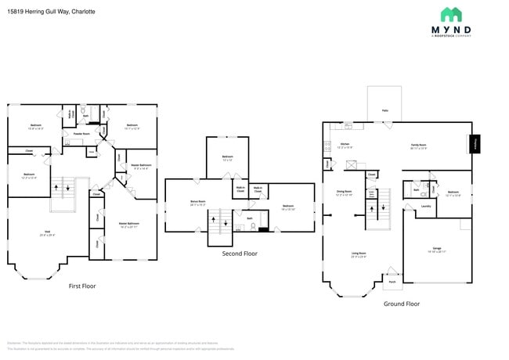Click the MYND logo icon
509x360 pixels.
tap(451, 14)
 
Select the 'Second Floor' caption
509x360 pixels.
tap(240, 254)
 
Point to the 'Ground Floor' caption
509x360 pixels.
tap(401, 304)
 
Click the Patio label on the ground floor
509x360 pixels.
tap(384, 111)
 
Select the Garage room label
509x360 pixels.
tap(437, 248)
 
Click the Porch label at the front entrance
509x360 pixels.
tap(391, 280)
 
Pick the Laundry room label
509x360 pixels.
tap(426, 207)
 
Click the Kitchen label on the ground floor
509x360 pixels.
tap(345, 145)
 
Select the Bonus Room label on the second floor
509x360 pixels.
tap(198, 203)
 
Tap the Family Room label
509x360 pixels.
tap(419, 146)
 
